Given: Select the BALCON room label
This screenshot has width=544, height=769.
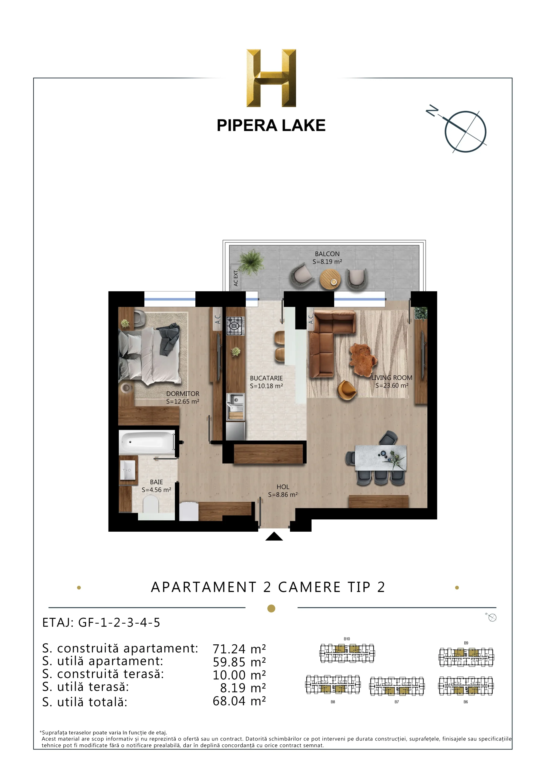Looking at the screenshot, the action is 327,254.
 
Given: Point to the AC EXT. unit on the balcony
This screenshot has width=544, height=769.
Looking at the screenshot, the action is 236,278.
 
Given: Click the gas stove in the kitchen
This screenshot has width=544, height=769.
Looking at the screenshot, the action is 236,326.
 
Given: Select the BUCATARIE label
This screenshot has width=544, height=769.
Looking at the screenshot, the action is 266,378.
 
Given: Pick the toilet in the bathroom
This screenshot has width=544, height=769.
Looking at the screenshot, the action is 151,504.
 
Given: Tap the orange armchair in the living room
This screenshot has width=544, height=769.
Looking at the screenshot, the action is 347,390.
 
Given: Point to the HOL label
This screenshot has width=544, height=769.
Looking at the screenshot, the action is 283,487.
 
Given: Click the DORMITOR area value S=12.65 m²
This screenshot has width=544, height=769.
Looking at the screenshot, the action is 183,401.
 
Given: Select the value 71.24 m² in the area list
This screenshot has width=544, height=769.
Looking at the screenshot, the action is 239,649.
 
